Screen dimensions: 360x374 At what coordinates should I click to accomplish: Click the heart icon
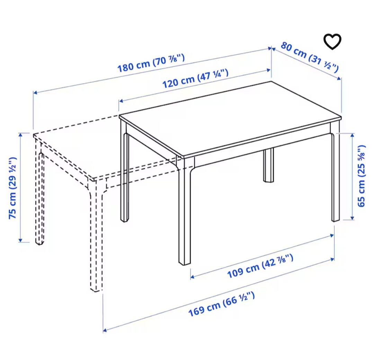[x=332, y=42]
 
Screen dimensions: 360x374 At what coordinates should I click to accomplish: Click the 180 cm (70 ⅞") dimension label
[x=151, y=63]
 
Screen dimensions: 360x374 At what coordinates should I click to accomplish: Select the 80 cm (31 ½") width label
[x=309, y=57]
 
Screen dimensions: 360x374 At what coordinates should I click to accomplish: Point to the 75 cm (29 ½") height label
[x=13, y=187]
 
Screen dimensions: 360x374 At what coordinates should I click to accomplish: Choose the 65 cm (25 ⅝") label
[x=362, y=176]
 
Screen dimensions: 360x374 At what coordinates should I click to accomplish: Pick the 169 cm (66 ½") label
[x=222, y=304]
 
